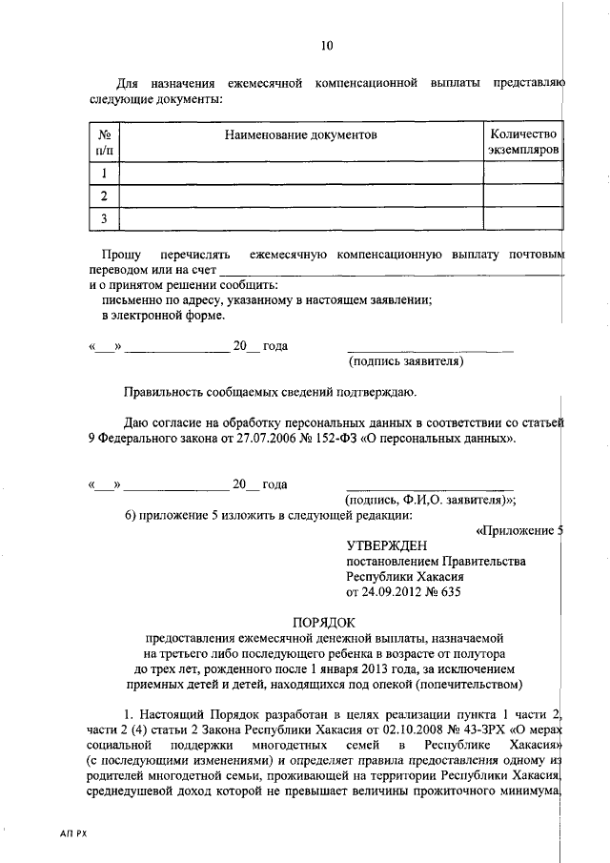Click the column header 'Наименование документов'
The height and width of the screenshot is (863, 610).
pyautogui.click(x=301, y=135)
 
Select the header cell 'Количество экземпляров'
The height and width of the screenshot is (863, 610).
pyautogui.click(x=521, y=142)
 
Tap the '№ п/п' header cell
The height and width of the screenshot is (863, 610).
pyautogui.click(x=104, y=142)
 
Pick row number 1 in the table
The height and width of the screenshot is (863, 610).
pyautogui.click(x=104, y=173)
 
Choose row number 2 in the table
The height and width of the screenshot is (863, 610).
pyautogui.click(x=104, y=196)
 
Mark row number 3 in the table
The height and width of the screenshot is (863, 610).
pyautogui.click(x=104, y=219)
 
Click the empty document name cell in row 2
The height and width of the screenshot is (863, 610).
pyautogui.click(x=301, y=196)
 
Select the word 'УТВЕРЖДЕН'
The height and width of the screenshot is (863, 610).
pyautogui.click(x=384, y=545)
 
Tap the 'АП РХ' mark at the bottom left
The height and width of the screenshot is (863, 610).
pyautogui.click(x=74, y=832)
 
